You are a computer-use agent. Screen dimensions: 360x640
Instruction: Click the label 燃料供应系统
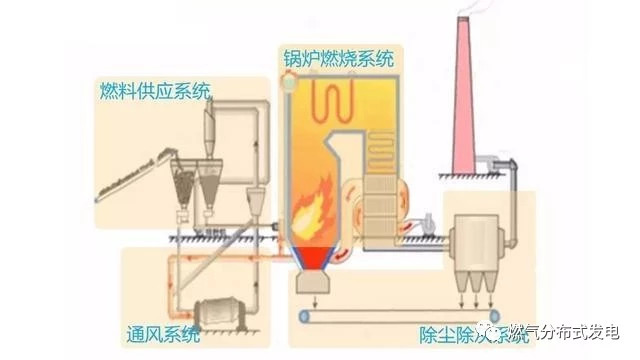pos(155,92)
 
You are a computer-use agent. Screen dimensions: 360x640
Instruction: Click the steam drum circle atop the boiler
pos(290,87)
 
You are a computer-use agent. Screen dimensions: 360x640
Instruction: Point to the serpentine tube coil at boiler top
pos(341,100)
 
